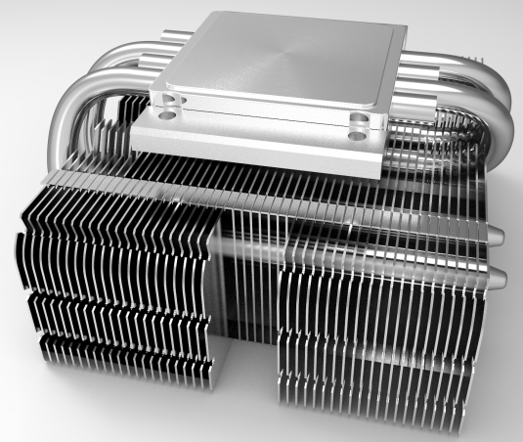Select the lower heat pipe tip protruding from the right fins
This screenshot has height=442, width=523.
pyautogui.click(x=499, y=281)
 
